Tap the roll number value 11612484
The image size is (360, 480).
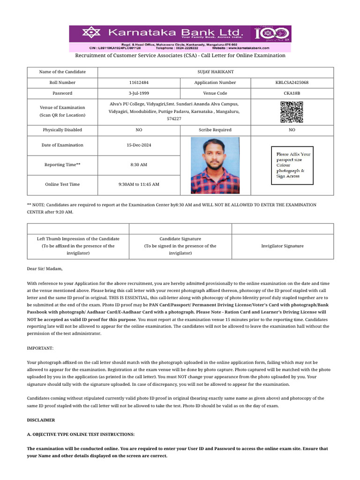point(139,82)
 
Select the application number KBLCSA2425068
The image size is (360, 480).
point(292,82)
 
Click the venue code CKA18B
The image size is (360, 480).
point(292,93)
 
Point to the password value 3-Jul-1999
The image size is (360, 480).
point(139,93)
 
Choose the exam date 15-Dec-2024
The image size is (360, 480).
point(139,145)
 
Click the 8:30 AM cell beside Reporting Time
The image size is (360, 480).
point(139,165)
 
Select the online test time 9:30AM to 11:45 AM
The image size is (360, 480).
point(139,184)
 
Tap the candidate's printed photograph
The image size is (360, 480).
point(215,165)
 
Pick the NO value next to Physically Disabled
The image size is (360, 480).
point(139,130)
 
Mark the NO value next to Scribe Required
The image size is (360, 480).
point(292,130)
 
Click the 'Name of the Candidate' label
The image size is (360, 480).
point(63,72)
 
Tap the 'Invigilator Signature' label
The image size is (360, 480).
point(282,246)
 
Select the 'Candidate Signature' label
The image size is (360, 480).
point(180,239)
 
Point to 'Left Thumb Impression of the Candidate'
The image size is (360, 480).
point(78,239)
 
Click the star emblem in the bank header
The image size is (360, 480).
point(88,33)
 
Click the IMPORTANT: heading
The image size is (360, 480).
point(40,348)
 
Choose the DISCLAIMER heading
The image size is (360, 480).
point(41,420)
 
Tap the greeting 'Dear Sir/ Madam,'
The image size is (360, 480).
point(45,269)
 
